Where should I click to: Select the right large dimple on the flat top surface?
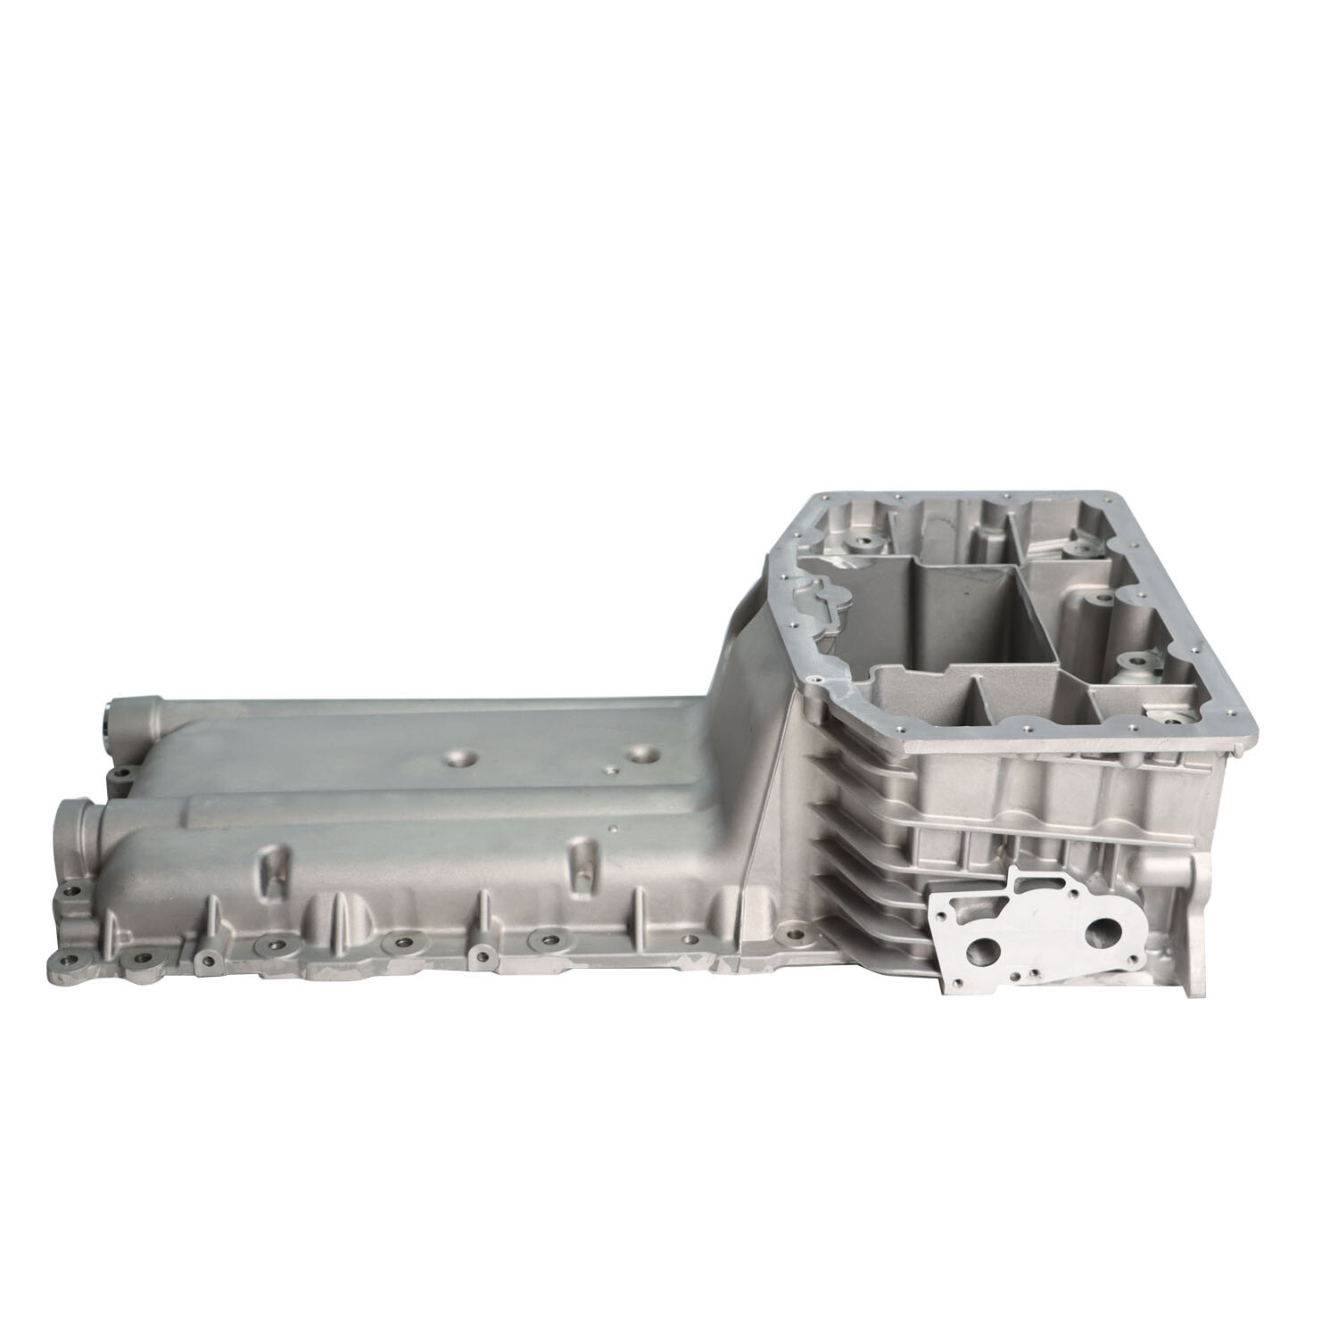click(x=640, y=754)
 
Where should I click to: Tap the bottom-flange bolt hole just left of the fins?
click(x=786, y=932)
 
